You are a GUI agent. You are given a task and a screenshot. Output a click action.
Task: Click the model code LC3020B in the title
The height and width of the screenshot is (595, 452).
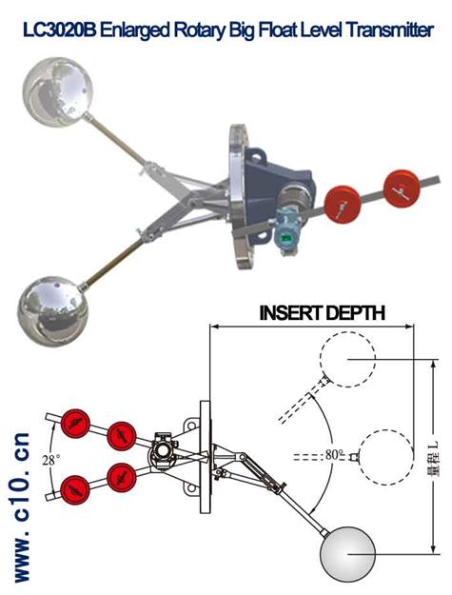pos(60,30)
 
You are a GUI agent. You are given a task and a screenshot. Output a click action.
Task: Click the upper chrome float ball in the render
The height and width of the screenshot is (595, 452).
pos(58,91)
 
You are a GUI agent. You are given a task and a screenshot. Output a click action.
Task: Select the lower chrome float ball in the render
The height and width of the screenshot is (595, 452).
pos(52,311)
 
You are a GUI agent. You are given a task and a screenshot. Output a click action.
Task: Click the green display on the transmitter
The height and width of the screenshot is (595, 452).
pos(286,238)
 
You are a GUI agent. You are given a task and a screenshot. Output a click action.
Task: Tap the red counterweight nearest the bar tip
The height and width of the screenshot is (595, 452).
pos(402,188)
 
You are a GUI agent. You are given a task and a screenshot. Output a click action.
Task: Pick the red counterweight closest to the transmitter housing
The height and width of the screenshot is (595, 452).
pos(343,204)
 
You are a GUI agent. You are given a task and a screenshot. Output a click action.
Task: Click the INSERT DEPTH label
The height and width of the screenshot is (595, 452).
pos(323,312)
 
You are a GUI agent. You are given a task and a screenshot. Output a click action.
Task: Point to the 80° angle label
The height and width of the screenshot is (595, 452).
pos(334,454)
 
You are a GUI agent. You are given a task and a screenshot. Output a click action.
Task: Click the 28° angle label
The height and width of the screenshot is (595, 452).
pos(50,460)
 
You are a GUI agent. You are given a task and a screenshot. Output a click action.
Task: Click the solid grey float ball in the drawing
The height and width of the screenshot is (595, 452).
pos(347,554)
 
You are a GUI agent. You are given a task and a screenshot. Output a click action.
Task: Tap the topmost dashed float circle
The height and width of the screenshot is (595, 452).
pos(347,359)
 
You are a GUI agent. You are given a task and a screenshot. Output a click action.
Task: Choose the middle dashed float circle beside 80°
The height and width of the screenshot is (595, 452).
pos(386,457)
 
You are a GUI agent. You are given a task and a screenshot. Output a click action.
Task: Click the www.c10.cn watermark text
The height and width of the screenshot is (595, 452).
pos(21,506)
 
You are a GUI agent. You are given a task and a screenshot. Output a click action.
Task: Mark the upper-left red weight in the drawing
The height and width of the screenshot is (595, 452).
pos(75,424)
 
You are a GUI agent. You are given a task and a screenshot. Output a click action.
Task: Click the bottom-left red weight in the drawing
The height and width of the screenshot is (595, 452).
pos(75,490)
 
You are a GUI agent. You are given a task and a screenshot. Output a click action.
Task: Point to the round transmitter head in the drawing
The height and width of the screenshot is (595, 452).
pos(163,451)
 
